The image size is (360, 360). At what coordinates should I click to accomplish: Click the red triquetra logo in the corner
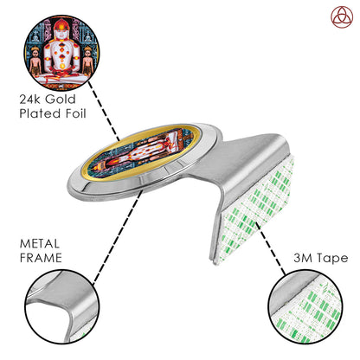342,17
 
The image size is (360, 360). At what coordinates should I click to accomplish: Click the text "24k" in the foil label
30,100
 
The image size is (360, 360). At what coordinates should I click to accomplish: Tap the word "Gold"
61,100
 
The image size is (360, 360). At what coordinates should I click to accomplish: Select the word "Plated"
40,113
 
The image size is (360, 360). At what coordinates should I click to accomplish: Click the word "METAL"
40,244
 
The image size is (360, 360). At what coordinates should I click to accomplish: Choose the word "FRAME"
41,258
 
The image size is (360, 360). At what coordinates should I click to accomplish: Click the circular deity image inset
61,53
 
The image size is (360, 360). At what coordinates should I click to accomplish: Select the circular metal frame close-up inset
62,307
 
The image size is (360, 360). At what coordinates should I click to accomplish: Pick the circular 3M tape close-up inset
305,307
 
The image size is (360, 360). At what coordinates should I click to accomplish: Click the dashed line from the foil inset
104,112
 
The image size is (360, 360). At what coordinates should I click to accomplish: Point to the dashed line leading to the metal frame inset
119,236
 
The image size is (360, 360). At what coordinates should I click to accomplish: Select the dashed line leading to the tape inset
270,248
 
